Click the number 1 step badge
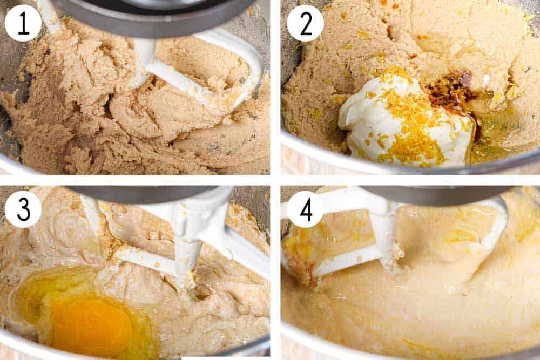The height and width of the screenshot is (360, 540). pos(23,23)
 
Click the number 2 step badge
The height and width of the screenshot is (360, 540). pos(305,23)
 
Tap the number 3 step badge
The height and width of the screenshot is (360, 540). pos(23,209)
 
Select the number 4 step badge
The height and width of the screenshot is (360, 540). pos(305,209)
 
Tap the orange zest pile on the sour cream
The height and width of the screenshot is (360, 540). pos(410,124)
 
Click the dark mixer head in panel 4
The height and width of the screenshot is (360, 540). pos(432,194)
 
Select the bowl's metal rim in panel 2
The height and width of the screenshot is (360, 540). pos(378,165)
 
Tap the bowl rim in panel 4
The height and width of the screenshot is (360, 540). pos(335,345)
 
